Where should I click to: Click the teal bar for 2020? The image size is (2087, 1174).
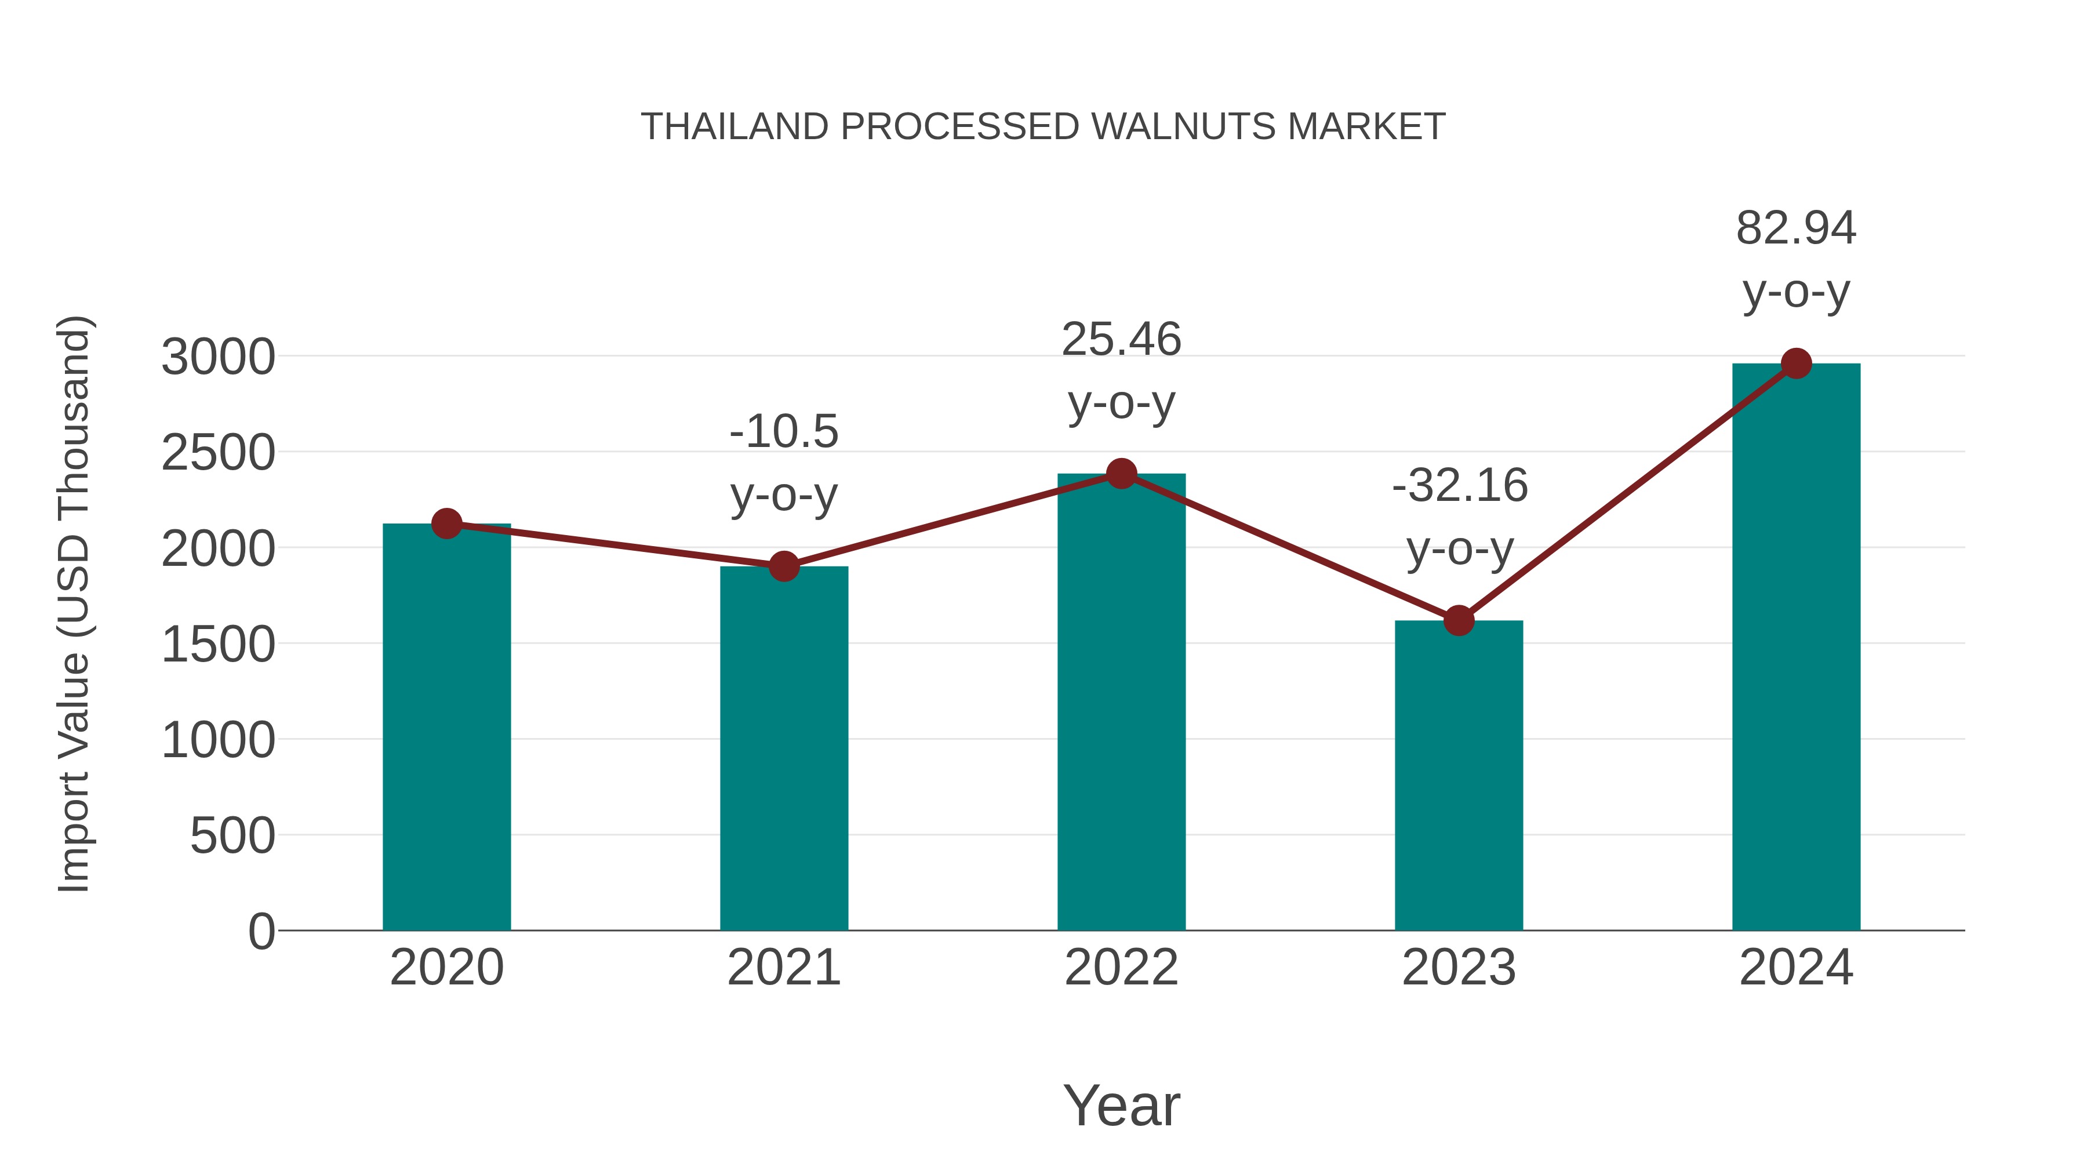click(x=446, y=729)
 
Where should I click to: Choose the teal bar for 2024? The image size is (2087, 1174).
click(x=1796, y=648)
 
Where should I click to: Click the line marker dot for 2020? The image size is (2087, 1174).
click(x=446, y=524)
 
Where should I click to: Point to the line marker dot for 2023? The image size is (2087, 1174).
click(x=1459, y=620)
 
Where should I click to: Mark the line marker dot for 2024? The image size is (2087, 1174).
click(x=1796, y=364)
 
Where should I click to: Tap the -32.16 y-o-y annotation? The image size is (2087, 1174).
click(x=1459, y=517)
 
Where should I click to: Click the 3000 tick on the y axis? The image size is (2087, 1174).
click(x=218, y=357)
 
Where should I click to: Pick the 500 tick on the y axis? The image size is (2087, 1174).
click(x=232, y=836)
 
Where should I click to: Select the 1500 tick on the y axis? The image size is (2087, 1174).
click(x=218, y=645)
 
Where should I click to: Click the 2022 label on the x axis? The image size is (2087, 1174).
click(x=1121, y=968)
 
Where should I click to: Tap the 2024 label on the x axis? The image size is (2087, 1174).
click(x=1796, y=968)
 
